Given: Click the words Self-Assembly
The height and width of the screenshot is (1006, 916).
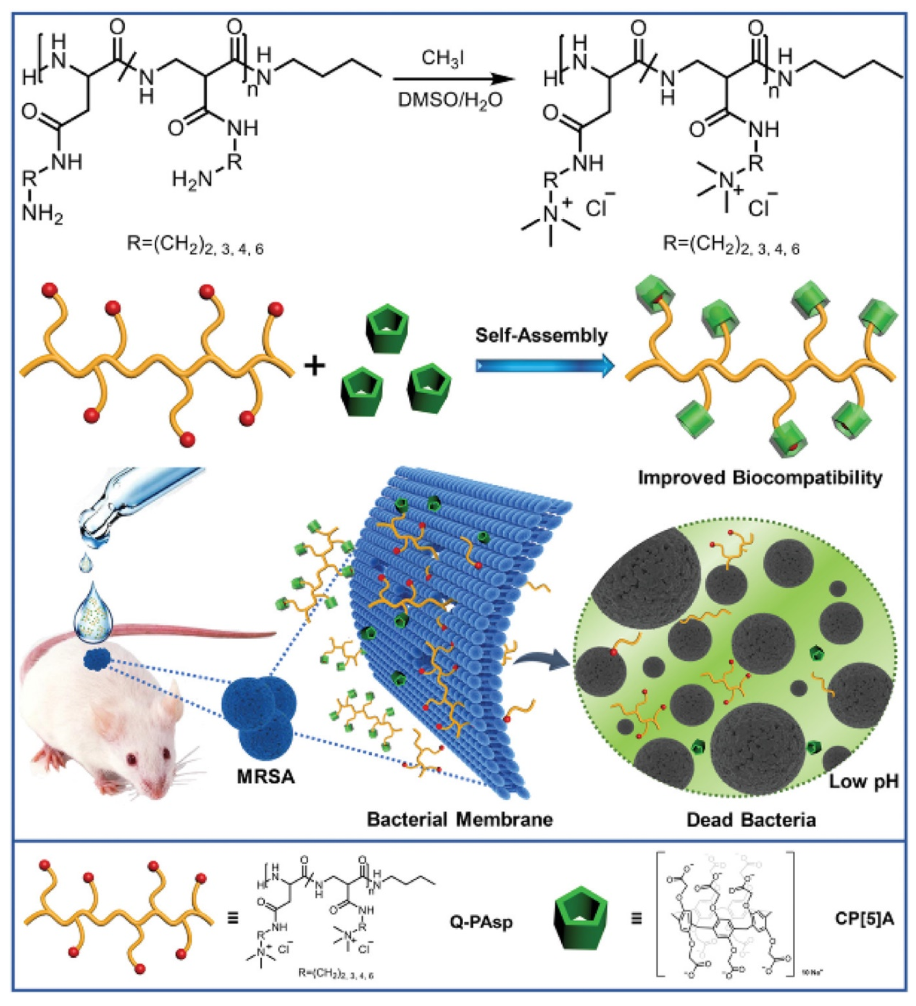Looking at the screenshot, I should tap(542, 335).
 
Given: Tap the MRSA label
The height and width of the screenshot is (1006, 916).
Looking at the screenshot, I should tap(266, 776).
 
